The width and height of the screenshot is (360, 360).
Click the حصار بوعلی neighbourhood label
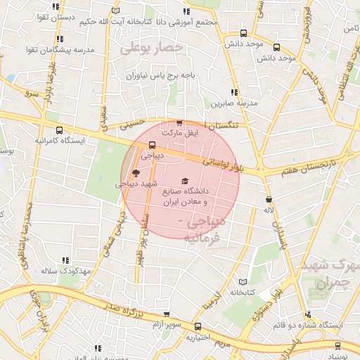pos(151,49)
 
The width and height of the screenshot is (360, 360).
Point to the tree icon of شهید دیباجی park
pos(135,173)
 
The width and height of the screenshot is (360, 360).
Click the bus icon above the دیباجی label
pos(152,146)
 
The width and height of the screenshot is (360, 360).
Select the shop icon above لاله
pos(268,200)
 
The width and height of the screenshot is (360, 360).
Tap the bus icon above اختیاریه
pos(198,326)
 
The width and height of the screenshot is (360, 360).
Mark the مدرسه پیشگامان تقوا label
pos(65,50)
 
